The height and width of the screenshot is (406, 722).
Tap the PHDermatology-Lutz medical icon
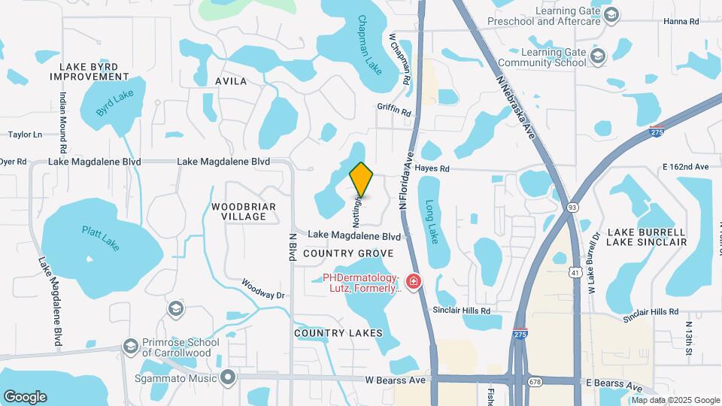click(413, 282)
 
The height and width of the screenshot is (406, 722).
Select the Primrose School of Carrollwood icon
click(130, 346)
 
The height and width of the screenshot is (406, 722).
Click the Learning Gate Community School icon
click(598, 56)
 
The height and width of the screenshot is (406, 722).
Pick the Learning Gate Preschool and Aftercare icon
click(611, 15)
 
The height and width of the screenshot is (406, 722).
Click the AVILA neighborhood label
click(231, 80)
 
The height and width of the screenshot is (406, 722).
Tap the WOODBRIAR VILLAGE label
click(244, 211)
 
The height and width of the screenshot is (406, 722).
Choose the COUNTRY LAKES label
click(338, 333)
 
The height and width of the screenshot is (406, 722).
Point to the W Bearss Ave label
click(394, 380)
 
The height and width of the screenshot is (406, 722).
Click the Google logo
click(25, 397)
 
